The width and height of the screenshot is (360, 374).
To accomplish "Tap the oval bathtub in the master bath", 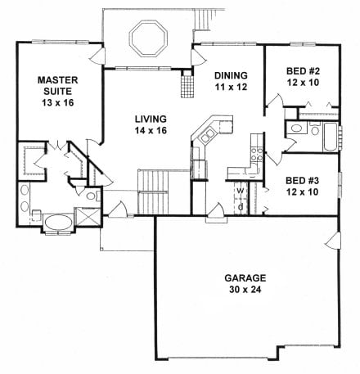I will click(x=55, y=222).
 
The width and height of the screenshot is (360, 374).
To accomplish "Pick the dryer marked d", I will click(x=241, y=206).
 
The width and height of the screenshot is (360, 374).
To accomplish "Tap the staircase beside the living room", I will click(x=152, y=191).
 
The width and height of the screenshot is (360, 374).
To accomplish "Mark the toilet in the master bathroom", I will click(x=35, y=215).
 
